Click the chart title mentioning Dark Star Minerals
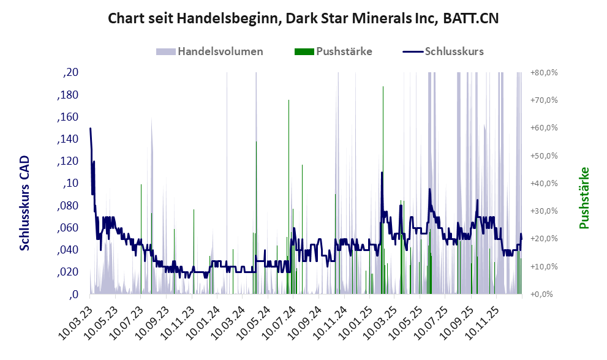pyautogui.click(x=303, y=18)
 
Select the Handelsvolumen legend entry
pyautogui.click(x=210, y=51)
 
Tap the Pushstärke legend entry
pyautogui.click(x=333, y=51)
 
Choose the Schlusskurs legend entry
pyautogui.click(x=443, y=51)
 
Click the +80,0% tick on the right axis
pyautogui.click(x=543, y=73)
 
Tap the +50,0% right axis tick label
pyautogui.click(x=543, y=156)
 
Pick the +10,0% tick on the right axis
pyautogui.click(x=543, y=266)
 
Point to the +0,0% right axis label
pyautogui.click(x=541, y=294)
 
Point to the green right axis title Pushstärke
pyautogui.click(x=584, y=198)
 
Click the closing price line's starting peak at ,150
pyautogui.click(x=91, y=129)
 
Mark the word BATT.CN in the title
pyautogui.click(x=470, y=18)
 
